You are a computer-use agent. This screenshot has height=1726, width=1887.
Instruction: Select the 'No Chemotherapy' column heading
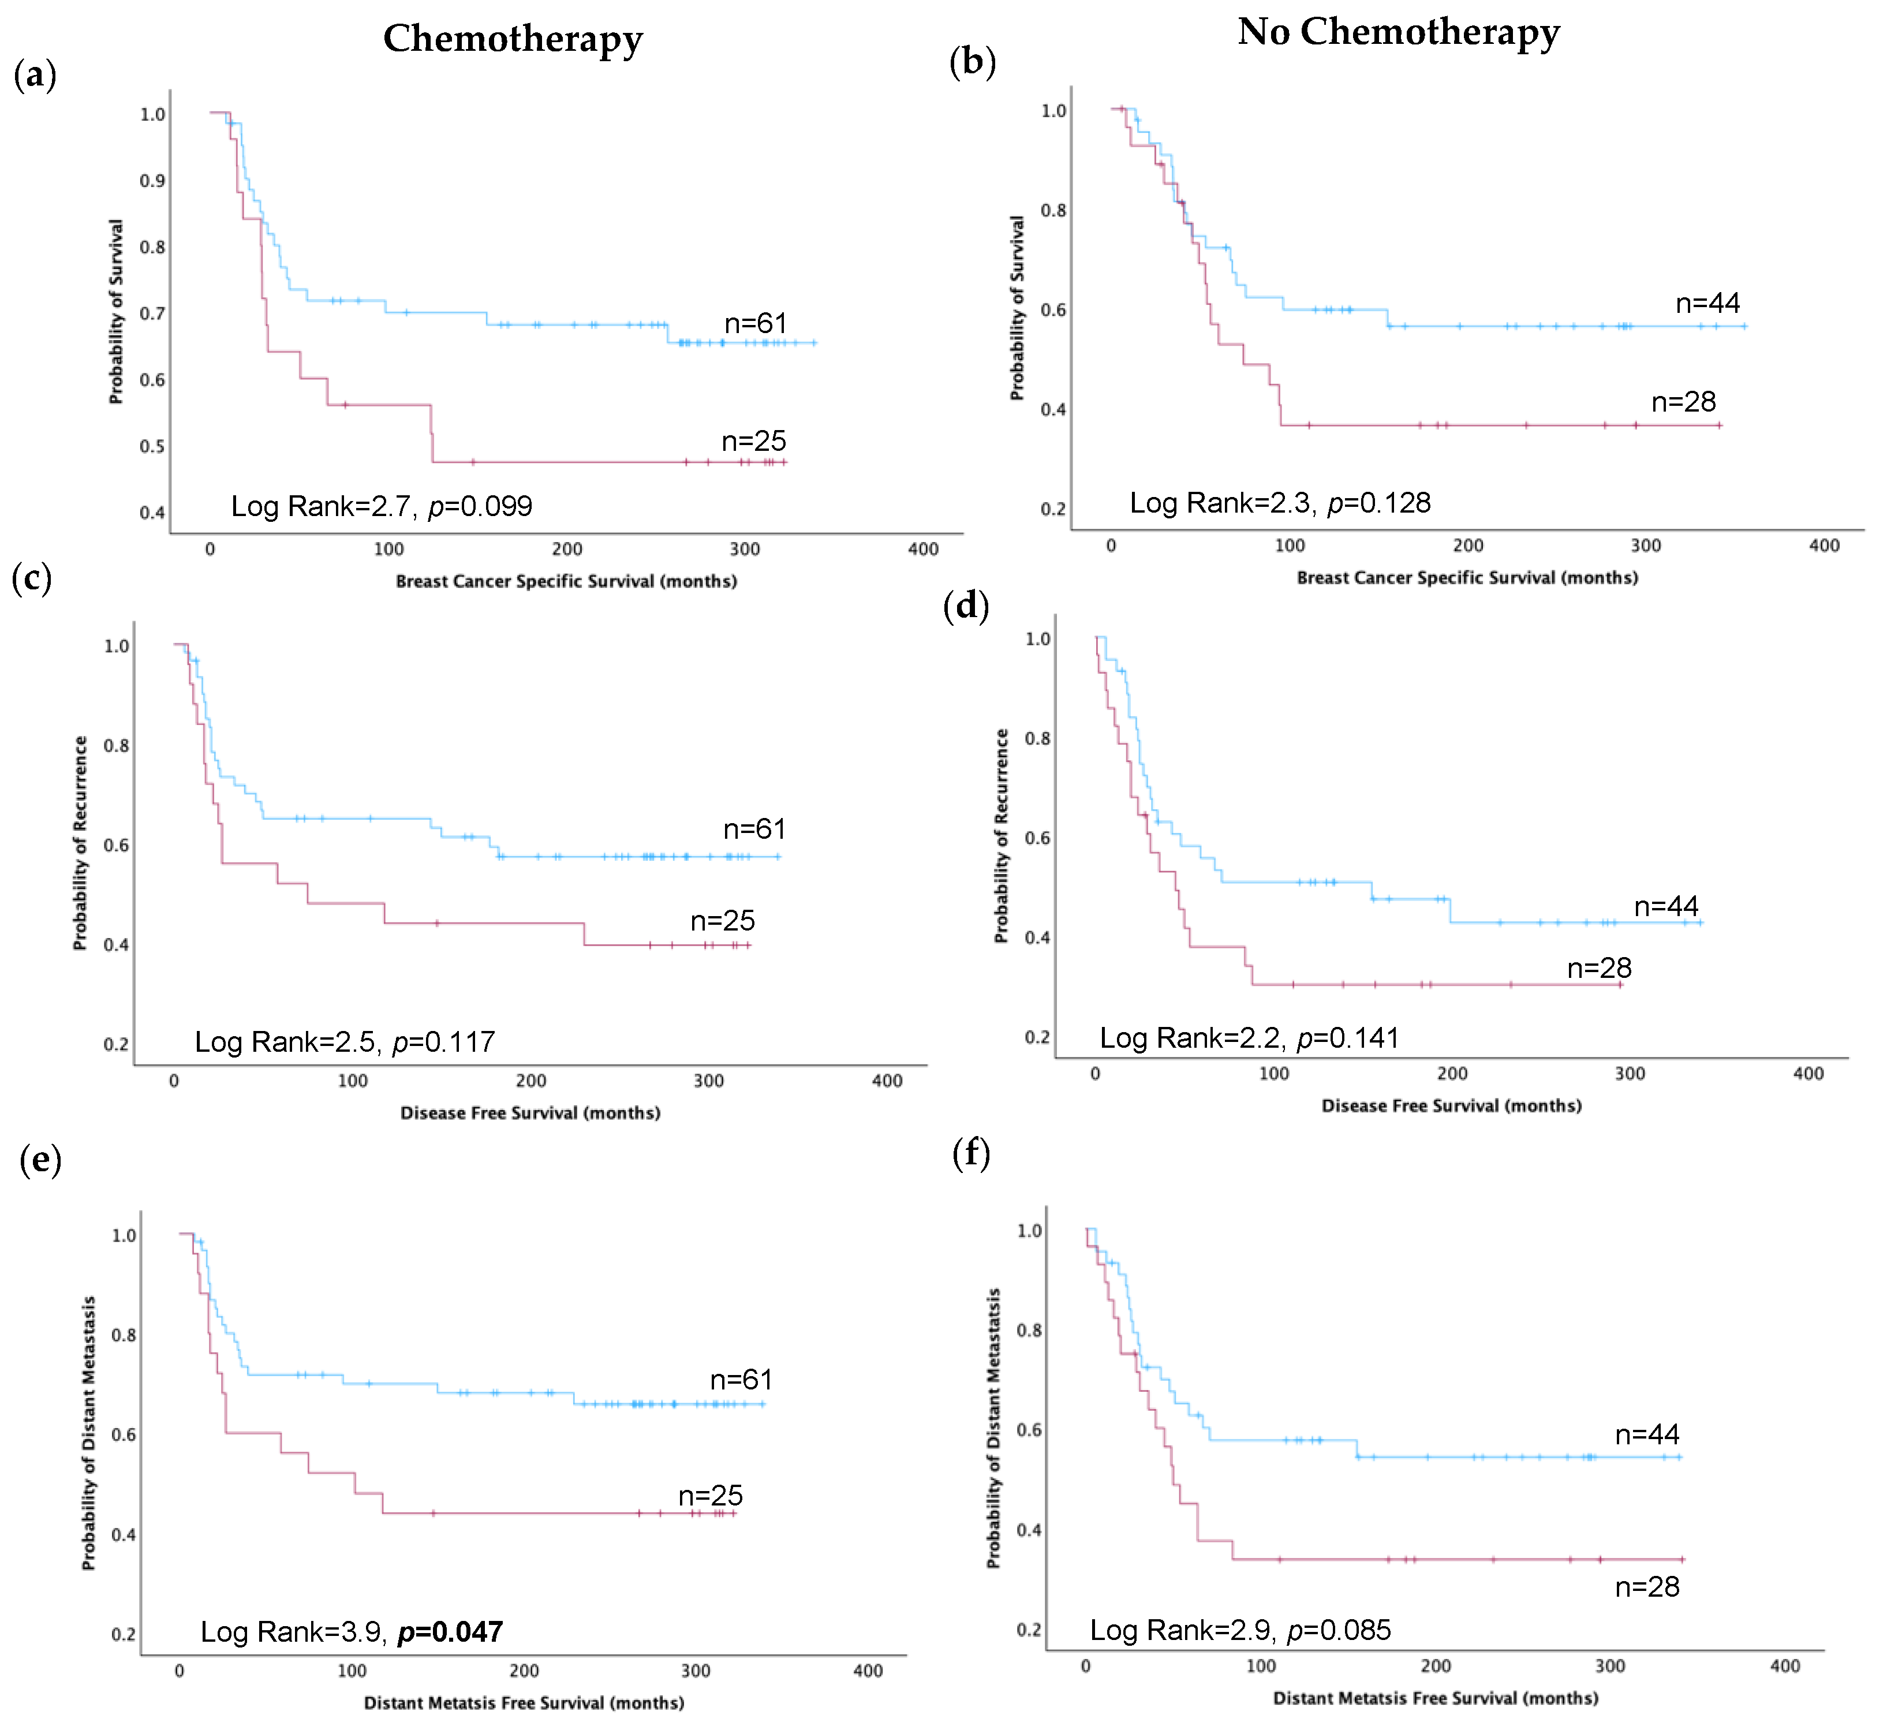pos(1399,33)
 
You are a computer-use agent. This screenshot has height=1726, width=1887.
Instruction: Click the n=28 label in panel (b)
pos(1684,402)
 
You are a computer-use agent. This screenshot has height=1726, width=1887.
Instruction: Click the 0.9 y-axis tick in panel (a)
pos(152,181)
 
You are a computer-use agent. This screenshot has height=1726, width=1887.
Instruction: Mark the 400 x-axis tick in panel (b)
pos(1824,546)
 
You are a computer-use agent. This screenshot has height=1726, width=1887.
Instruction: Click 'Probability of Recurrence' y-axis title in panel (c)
pos(80,843)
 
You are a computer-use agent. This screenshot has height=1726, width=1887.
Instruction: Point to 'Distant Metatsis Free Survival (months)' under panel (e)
pos(524,1702)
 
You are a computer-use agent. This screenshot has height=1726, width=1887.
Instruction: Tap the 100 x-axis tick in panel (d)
pos(1274,1074)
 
